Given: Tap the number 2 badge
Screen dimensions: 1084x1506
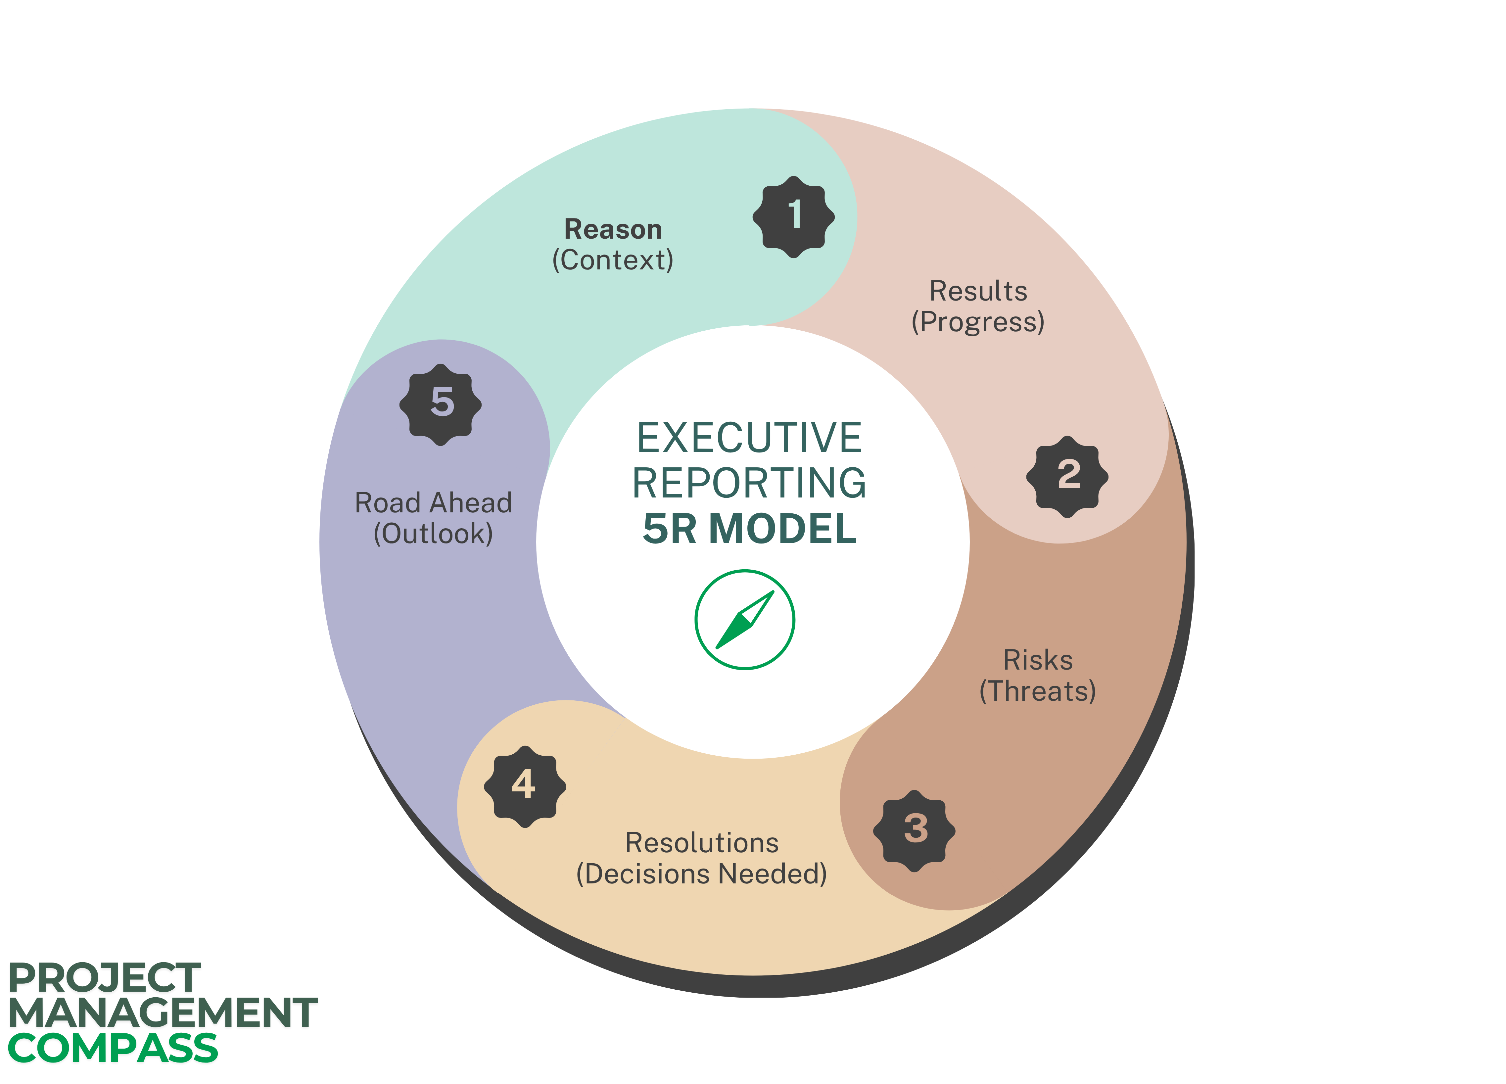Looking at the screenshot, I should [x=1067, y=476].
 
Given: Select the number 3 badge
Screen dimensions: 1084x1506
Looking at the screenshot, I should [x=914, y=830].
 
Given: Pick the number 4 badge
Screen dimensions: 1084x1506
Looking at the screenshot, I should [x=525, y=786].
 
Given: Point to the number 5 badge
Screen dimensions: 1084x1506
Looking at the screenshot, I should [x=440, y=404].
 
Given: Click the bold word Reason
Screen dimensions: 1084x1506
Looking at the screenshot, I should [x=613, y=229].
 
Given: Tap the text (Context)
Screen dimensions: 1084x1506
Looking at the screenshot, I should [x=613, y=260].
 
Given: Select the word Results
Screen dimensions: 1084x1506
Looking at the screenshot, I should [x=978, y=291].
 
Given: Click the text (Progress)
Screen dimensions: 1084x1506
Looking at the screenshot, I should [x=978, y=321].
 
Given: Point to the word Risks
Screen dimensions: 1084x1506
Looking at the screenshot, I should [x=1038, y=660].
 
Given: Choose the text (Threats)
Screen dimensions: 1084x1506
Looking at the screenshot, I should [x=1038, y=691].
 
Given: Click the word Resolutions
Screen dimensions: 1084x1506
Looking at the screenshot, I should [x=702, y=843].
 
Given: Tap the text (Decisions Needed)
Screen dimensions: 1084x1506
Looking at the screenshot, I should [x=702, y=873].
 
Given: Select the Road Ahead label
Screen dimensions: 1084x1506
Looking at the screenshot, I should [x=434, y=503].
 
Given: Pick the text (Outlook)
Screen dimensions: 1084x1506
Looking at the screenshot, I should [x=434, y=533].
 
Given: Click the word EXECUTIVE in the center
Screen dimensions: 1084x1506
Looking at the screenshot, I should [x=749, y=438].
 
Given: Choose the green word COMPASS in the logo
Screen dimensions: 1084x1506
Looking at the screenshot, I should [x=113, y=1048].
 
